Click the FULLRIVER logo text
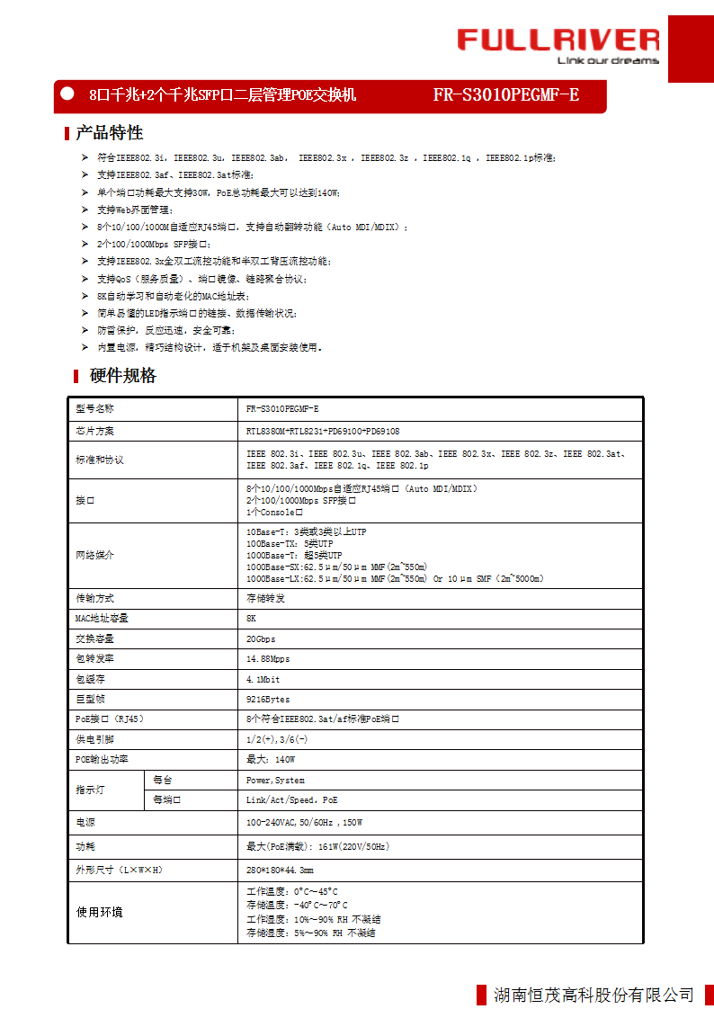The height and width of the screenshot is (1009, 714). click(558, 40)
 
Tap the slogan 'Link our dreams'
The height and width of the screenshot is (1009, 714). click(608, 61)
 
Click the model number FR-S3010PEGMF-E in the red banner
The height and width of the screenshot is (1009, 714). click(506, 94)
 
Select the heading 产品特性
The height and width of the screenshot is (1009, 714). click(109, 133)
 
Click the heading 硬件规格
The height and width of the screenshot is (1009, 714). click(123, 376)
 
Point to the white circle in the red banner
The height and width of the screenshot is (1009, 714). click(67, 94)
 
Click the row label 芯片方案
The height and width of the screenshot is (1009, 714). click(95, 432)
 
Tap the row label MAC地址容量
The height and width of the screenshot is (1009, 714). click(102, 619)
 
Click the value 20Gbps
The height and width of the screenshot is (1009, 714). click(261, 639)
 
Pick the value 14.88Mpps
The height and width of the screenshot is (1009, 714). click(268, 659)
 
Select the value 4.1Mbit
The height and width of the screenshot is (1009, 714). click(263, 679)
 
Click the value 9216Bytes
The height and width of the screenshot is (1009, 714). click(268, 699)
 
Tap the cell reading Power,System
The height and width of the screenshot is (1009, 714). click(275, 781)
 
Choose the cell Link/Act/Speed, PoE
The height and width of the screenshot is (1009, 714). click(292, 800)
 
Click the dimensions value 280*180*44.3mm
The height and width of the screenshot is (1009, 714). click(280, 871)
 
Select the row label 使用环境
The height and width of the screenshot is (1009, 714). click(99, 913)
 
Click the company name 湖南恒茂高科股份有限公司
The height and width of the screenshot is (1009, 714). click(594, 995)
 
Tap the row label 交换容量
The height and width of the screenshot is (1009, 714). click(95, 639)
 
